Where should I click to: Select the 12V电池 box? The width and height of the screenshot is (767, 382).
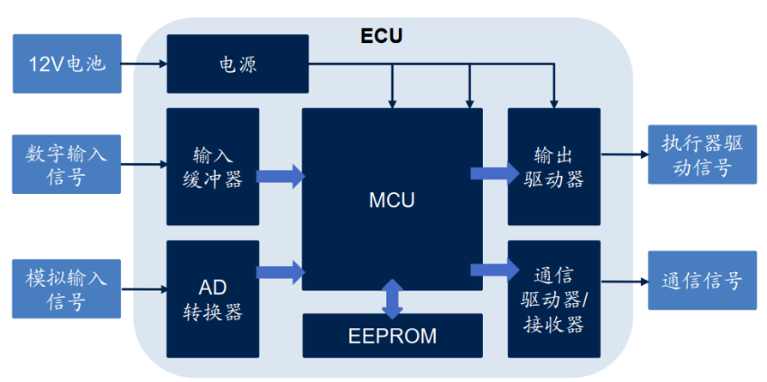click(x=67, y=64)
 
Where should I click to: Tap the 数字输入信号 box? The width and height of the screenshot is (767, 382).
click(x=67, y=163)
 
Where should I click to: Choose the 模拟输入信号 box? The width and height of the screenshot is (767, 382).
click(x=67, y=289)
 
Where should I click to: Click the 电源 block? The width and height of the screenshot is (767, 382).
click(x=238, y=64)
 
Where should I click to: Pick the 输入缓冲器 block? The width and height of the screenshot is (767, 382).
click(x=213, y=167)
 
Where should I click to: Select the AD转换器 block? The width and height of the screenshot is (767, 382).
click(x=213, y=300)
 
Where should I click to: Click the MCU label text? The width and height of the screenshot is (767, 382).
click(x=391, y=201)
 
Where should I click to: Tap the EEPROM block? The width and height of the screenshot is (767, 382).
click(x=392, y=336)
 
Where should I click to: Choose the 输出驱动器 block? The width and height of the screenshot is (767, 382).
click(x=553, y=167)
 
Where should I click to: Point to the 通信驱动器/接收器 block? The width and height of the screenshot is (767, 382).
click(x=553, y=300)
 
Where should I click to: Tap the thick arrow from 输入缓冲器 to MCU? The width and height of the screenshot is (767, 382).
click(x=281, y=177)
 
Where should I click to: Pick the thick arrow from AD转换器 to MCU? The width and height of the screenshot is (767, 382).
click(x=281, y=273)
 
